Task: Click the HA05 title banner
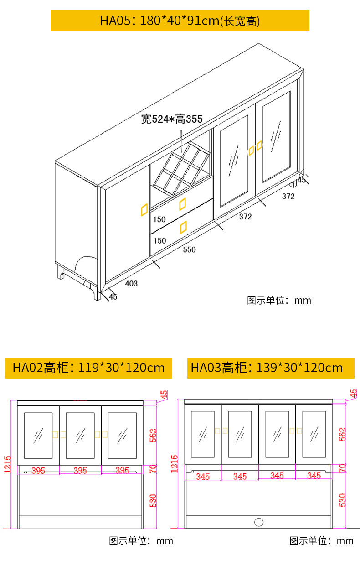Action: (180, 21)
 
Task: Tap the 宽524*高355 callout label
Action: (171, 119)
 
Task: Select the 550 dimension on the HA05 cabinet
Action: (189, 249)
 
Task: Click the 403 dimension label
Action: (131, 284)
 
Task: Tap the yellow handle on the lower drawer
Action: (183, 226)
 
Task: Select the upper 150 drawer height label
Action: (159, 219)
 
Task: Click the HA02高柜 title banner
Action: (88, 368)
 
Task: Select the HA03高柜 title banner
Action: (271, 368)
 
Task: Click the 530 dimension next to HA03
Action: (343, 500)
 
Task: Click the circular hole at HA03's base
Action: (259, 522)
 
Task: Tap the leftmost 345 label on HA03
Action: (203, 477)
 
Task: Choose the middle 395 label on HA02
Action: (80, 471)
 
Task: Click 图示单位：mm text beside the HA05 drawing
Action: (279, 300)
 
